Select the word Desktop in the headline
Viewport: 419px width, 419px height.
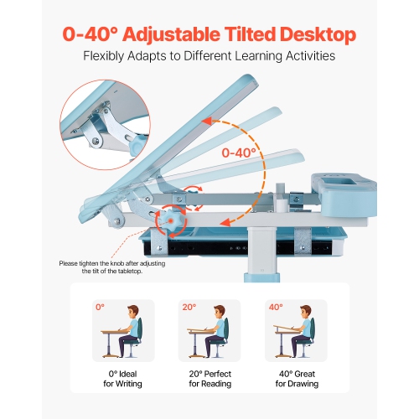click(319, 34)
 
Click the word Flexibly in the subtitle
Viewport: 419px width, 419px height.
click(106, 57)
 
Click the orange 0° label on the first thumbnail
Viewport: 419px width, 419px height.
click(100, 308)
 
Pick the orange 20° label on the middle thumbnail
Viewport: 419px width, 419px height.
click(189, 308)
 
